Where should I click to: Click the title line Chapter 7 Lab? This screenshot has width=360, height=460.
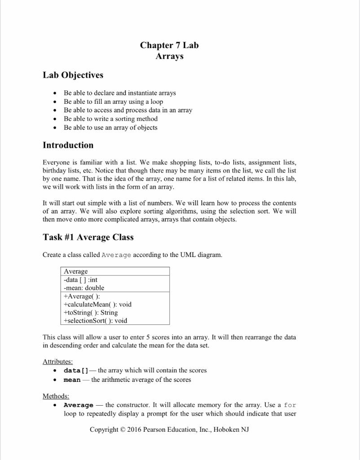click(169, 45)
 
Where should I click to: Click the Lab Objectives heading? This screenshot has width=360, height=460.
click(73, 75)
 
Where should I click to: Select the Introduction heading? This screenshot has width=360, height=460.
click(68, 145)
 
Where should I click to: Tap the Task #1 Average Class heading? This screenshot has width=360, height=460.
click(88, 237)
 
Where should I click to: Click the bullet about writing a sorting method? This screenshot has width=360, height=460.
click(110, 119)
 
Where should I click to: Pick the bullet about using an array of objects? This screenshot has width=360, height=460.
click(110, 128)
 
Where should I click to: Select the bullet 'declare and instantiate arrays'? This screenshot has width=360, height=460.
click(119, 93)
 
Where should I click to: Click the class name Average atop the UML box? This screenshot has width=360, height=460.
click(76, 271)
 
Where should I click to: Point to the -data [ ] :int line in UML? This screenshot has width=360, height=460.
click(81, 279)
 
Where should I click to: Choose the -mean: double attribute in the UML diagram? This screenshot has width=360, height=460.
click(84, 287)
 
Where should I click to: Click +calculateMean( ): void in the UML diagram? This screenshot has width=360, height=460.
click(97, 304)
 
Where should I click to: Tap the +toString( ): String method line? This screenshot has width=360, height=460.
click(91, 312)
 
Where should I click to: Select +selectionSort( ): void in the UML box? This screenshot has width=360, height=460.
click(95, 321)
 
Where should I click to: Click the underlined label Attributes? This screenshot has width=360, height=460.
click(57, 361)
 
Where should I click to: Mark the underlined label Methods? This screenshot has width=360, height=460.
click(56, 396)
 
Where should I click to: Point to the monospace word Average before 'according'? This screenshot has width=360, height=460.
click(116, 255)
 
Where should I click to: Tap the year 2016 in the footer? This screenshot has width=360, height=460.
click(134, 429)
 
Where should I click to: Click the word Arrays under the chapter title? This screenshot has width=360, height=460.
click(169, 56)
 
